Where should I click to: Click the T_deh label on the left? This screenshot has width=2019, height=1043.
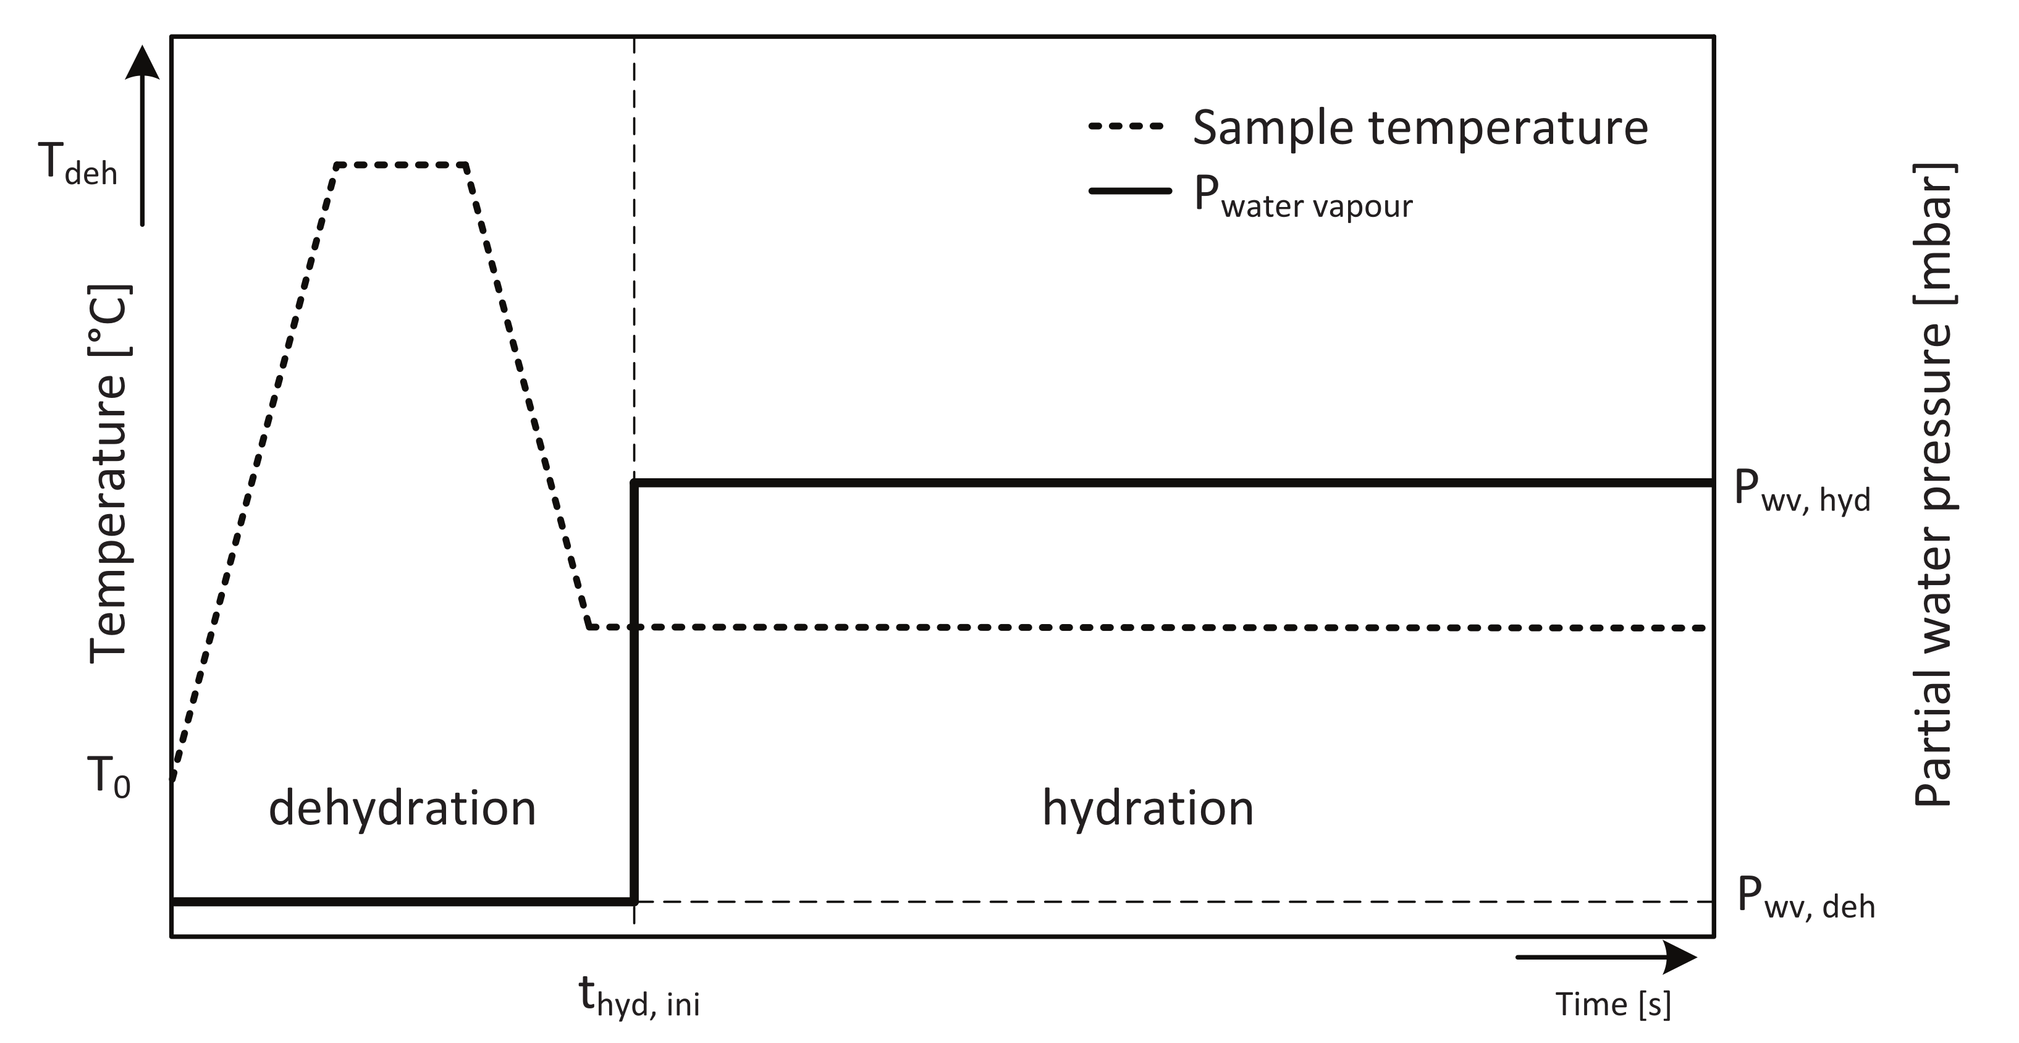[x=77, y=166]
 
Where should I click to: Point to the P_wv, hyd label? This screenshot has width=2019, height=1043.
[x=1801, y=491]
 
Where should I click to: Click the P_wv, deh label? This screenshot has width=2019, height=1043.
[x=1805, y=899]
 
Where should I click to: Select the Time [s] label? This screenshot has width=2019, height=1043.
[x=1613, y=1005]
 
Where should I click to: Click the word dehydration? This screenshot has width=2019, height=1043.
[x=402, y=809]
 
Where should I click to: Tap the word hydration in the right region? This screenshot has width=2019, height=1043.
[x=1147, y=809]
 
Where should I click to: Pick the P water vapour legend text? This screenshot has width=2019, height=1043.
[x=1302, y=196]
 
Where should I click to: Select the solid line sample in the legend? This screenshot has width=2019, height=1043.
[x=1129, y=190]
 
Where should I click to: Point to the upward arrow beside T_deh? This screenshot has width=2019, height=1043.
[x=142, y=133]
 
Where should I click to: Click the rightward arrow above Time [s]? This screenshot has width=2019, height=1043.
[x=1607, y=956]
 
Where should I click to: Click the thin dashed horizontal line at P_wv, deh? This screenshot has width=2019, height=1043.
[x=1176, y=902]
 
